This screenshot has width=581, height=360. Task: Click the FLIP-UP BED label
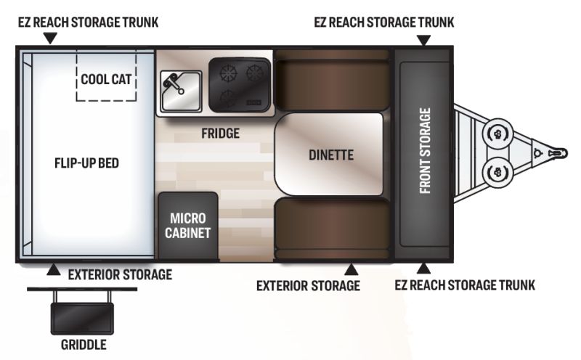(x=86, y=163)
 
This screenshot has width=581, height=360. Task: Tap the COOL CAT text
(x=106, y=79)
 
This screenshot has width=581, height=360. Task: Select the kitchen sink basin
(x=181, y=91)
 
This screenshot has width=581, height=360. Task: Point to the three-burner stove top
(x=240, y=85)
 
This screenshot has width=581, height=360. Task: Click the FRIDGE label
(x=221, y=134)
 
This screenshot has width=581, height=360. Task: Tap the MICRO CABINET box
(x=188, y=226)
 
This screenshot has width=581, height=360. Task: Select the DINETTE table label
(x=331, y=155)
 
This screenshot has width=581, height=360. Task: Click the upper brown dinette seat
(x=333, y=83)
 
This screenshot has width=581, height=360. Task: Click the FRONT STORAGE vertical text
(x=425, y=151)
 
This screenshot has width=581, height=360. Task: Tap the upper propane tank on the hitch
(x=497, y=134)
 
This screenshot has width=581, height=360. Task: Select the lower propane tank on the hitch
(x=497, y=172)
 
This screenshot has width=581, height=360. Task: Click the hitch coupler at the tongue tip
(x=558, y=153)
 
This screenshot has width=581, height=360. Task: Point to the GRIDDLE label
(x=84, y=345)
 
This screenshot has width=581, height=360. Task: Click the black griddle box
(x=82, y=318)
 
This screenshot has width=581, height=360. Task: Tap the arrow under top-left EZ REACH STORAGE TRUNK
(x=50, y=38)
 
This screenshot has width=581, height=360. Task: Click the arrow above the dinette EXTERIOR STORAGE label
(x=352, y=269)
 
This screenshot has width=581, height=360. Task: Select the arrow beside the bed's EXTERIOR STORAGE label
(x=54, y=269)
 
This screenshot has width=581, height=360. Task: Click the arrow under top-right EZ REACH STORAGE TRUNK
(x=423, y=41)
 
